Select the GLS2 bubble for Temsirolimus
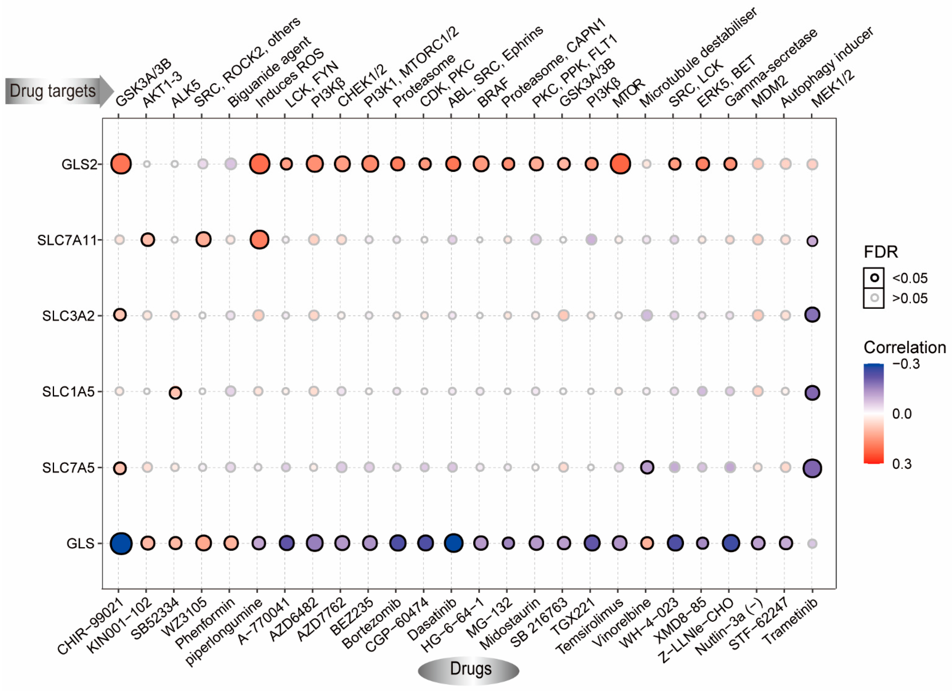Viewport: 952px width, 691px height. coord(620,164)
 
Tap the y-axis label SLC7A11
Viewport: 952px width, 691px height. coord(67,240)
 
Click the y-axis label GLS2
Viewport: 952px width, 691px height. coord(79,164)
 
